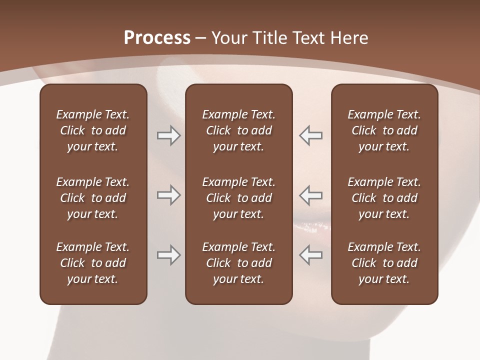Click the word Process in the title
(x=157, y=38)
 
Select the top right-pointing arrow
(x=169, y=135)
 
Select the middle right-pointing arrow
(x=169, y=195)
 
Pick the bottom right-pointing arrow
(x=169, y=255)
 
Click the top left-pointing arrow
(x=310, y=135)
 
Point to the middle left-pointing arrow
(x=310, y=195)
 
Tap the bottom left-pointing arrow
(x=310, y=255)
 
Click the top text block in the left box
(x=93, y=130)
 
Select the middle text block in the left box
(x=93, y=198)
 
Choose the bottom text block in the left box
(x=93, y=263)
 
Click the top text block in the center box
(x=238, y=130)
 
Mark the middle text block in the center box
(x=238, y=198)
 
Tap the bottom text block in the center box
(x=238, y=263)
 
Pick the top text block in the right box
(x=384, y=130)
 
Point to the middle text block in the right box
(x=384, y=198)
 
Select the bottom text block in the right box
(x=384, y=263)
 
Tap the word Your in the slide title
(x=229, y=38)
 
